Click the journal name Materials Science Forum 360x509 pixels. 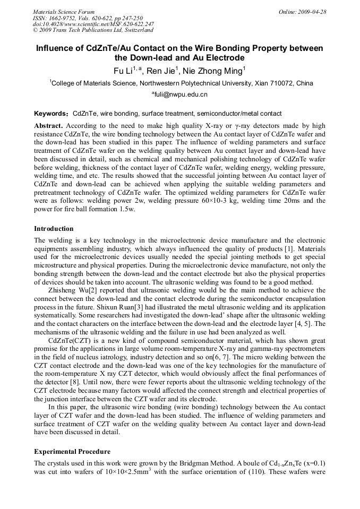(64, 12)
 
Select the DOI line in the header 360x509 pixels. (93, 24)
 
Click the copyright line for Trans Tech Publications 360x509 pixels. (93, 30)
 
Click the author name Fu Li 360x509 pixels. (123, 71)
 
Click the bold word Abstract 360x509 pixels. (48, 126)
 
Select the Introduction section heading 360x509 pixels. (54, 229)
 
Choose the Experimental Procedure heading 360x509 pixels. (72, 452)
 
